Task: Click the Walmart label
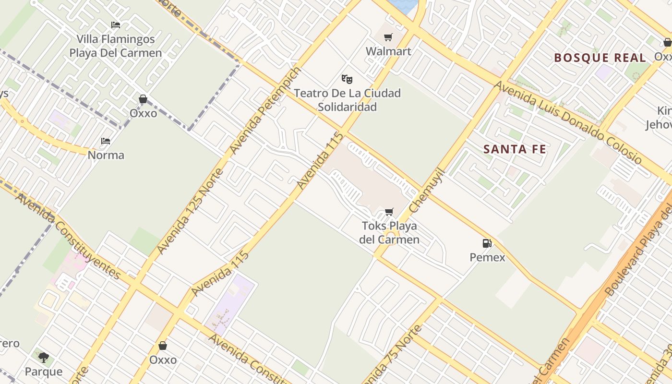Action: [x=388, y=51]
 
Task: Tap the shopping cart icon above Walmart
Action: [x=388, y=37]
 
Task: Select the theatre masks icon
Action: [x=347, y=79]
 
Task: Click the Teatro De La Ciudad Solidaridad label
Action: [x=347, y=100]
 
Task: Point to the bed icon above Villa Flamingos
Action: [x=116, y=25]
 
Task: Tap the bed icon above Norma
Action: [x=106, y=141]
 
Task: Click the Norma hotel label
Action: [x=106, y=155]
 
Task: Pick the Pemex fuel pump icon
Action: [x=487, y=243]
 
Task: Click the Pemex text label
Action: [x=487, y=257]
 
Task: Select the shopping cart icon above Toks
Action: [x=389, y=212]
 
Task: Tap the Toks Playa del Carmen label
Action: [x=389, y=232]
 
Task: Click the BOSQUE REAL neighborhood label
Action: [x=600, y=58]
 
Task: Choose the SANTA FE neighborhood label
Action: [x=515, y=149]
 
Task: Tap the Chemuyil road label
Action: [x=427, y=191]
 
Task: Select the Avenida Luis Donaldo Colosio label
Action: [x=567, y=122]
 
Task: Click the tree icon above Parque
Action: [x=44, y=358]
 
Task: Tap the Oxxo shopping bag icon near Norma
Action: [x=143, y=99]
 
